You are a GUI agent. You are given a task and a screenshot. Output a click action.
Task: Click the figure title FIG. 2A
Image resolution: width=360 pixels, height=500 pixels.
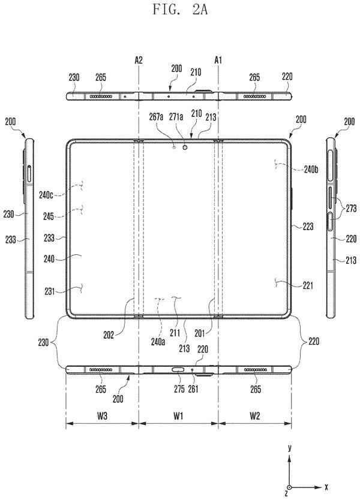[x=179, y=9]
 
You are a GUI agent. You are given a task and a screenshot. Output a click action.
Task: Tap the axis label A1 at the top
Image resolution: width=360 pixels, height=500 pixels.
[x=218, y=60]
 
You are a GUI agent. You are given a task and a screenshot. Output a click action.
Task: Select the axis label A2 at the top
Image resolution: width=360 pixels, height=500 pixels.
[x=139, y=60]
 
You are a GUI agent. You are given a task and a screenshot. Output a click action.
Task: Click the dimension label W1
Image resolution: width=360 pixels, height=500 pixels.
[x=178, y=415]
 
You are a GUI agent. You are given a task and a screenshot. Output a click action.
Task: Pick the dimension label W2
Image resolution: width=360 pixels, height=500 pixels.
[x=254, y=415]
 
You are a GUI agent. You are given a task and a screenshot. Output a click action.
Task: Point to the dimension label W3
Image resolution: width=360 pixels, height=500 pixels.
[x=102, y=415]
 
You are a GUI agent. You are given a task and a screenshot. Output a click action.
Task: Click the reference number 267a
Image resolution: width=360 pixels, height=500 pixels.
[x=156, y=118]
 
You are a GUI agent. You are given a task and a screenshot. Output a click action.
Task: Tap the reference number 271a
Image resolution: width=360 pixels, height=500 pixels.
[x=176, y=118]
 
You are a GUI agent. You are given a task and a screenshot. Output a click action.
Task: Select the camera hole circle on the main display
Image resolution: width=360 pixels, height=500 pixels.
[x=185, y=147]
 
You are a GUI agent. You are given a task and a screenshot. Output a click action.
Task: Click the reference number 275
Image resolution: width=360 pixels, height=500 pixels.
[x=179, y=389]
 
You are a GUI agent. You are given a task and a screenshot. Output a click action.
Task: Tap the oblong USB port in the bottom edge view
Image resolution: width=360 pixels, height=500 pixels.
[x=178, y=370]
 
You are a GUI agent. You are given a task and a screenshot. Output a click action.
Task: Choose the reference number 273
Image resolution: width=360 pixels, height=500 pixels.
[x=350, y=209]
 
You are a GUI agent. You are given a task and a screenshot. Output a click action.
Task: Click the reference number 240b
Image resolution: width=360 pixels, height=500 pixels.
[x=311, y=169]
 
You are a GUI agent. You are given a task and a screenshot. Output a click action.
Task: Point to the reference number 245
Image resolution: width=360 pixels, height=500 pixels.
[x=49, y=216]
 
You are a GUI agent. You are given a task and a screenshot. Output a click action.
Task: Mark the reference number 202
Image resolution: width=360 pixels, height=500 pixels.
[x=109, y=336]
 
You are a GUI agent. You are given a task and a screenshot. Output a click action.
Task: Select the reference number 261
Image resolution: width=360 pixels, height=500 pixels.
[x=193, y=389]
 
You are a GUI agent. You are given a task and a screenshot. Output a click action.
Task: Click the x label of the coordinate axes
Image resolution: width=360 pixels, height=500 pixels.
[x=326, y=487]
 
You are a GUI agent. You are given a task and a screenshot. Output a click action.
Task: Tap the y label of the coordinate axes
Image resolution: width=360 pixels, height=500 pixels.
[x=289, y=448]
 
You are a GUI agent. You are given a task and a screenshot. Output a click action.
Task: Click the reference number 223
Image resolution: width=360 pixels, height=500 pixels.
[x=308, y=227]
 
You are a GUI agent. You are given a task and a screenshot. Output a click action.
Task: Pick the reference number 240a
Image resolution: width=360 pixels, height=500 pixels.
[x=158, y=342]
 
